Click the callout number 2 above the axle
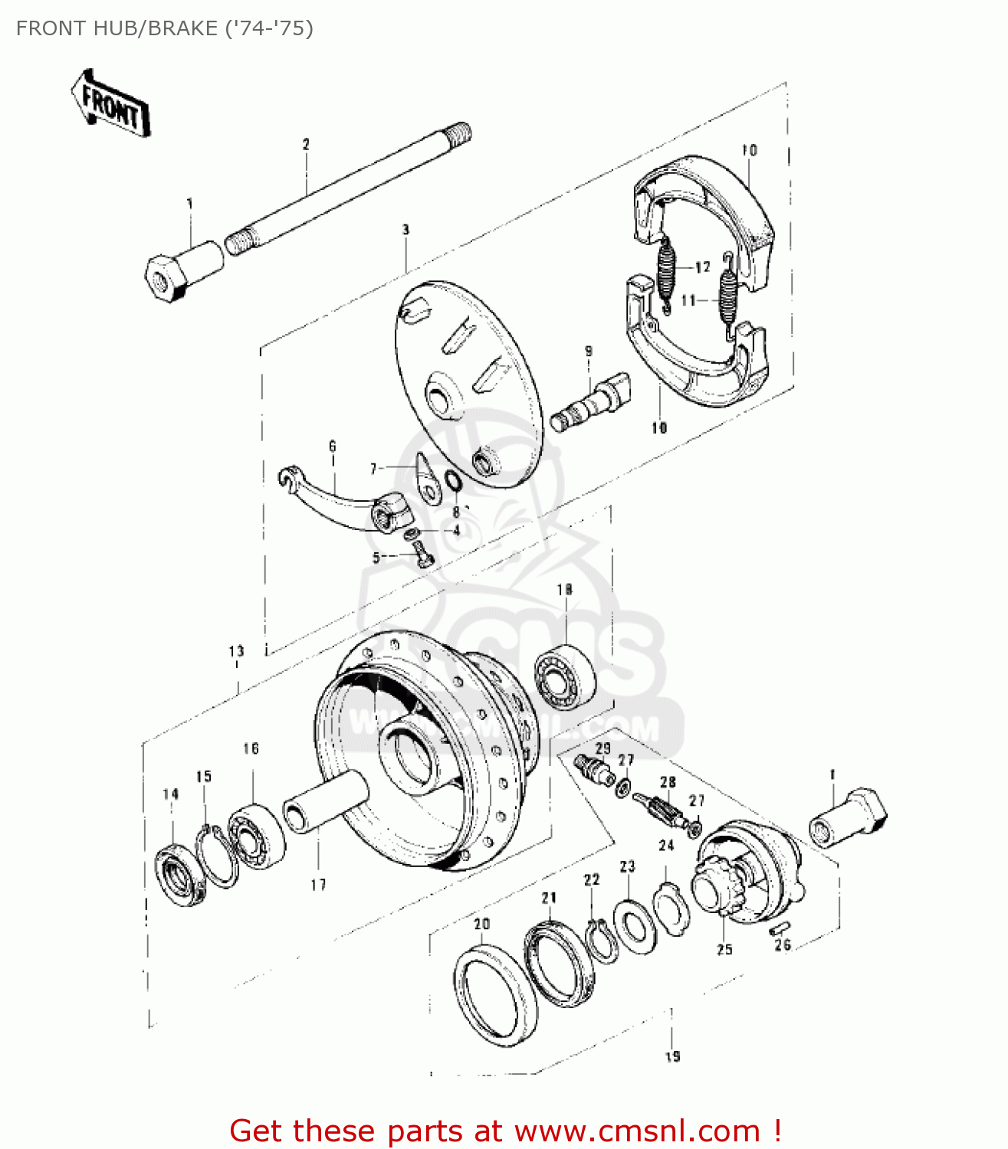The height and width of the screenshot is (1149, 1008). click(306, 144)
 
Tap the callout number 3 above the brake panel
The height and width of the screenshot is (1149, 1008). click(405, 229)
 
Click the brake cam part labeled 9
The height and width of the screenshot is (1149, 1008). click(591, 402)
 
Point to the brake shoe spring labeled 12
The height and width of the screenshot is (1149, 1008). click(666, 272)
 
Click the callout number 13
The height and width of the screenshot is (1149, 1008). click(236, 651)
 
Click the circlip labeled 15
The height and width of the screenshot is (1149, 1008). click(217, 856)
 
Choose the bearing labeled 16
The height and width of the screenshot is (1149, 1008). click(257, 835)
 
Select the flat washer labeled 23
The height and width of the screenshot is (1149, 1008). click(635, 928)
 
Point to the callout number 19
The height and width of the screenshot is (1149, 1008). click(672, 1056)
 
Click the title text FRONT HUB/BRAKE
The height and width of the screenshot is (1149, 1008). click(164, 28)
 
